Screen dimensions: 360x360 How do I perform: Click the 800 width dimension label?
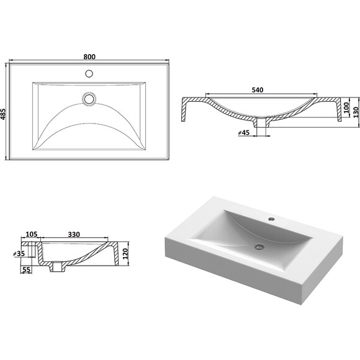point(89,56)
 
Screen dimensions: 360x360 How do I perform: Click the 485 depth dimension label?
point(3,114)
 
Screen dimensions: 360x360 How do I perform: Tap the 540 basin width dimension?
point(258,90)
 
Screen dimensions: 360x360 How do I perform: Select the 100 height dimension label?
point(346,107)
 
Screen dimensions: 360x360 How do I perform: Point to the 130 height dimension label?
point(356,112)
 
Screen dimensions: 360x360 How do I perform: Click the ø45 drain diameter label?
point(244,133)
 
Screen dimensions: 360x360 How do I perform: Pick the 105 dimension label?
point(31,234)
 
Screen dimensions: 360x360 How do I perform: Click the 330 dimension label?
point(74,234)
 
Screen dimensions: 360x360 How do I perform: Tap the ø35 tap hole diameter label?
point(19,254)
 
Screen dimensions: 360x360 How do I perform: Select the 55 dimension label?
point(27,270)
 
